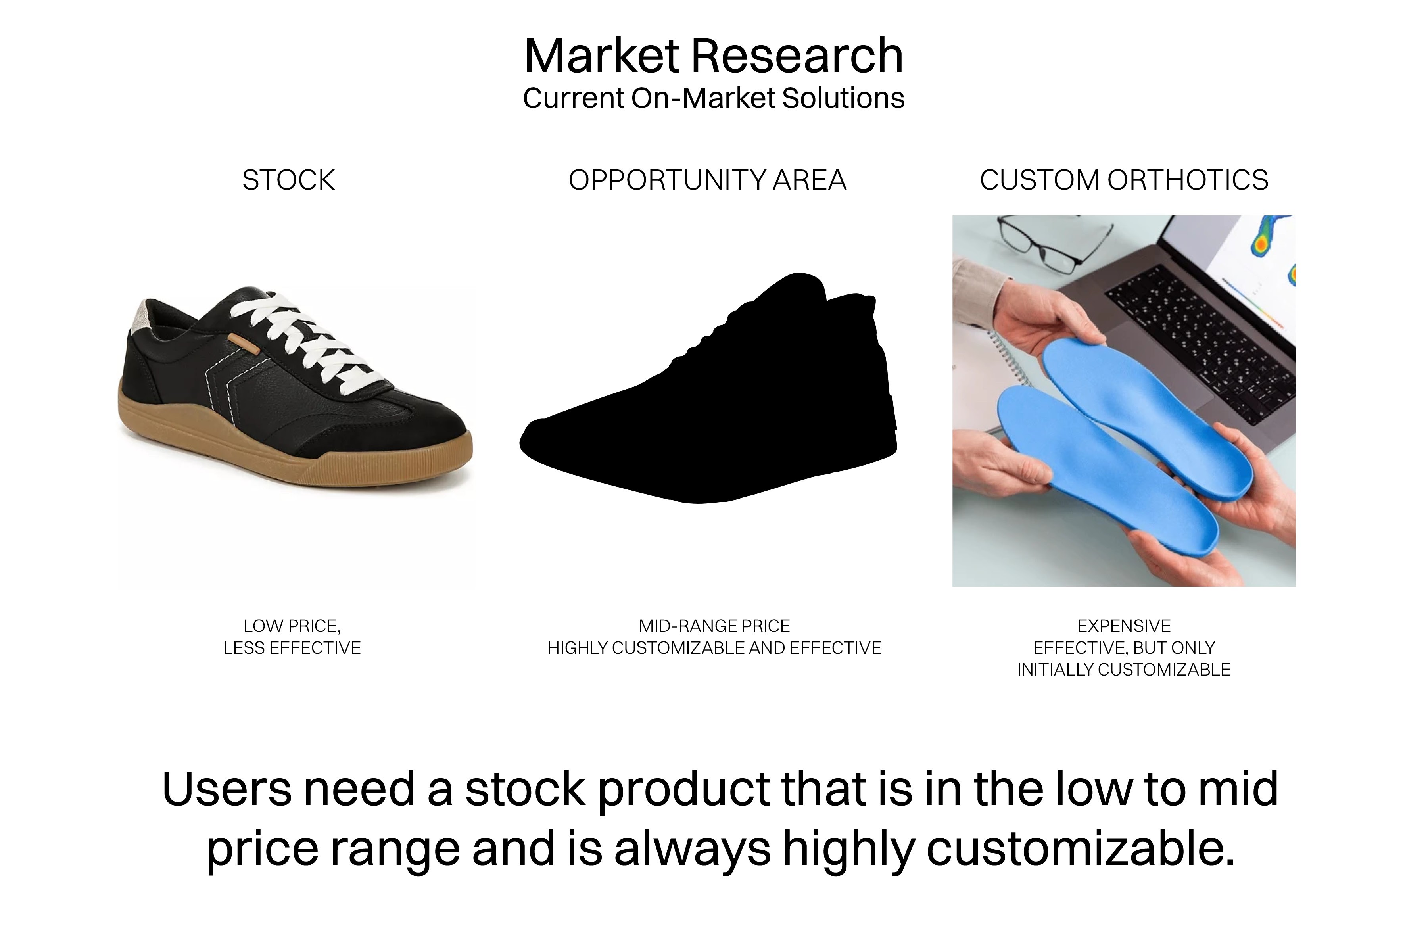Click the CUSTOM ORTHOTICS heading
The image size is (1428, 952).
[x=1124, y=180]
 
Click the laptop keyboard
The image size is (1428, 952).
[x=1199, y=340]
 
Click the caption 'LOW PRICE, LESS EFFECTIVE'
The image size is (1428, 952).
[x=292, y=637]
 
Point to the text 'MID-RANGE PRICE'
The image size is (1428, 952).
[x=714, y=626]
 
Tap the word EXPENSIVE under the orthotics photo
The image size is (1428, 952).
[x=1124, y=626]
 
